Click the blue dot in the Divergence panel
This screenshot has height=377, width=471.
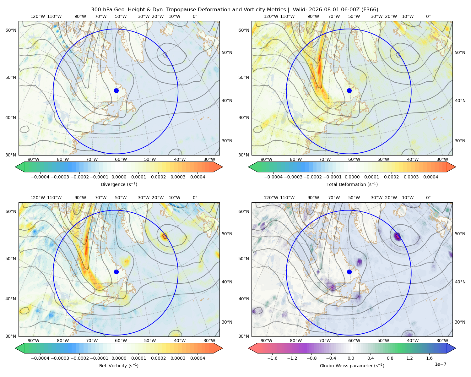coord(116,90)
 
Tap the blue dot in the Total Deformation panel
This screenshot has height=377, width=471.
coord(349,90)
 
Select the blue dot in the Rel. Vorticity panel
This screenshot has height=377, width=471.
coord(116,272)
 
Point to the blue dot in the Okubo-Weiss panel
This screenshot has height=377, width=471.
coord(349,272)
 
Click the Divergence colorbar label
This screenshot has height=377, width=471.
coord(119,184)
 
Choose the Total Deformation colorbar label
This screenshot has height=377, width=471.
coord(352,184)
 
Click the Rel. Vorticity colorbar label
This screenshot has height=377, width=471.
coord(119,365)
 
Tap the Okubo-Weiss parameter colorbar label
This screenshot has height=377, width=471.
coord(352,365)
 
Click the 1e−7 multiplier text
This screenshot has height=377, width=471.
coord(440,364)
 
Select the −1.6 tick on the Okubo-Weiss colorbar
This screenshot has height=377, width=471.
coord(273,358)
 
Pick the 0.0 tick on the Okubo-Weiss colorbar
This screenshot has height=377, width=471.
coord(351,358)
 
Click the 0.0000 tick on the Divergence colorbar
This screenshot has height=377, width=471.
coord(119,177)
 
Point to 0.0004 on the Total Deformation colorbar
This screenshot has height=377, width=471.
coord(431,177)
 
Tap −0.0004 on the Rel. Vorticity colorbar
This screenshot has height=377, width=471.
coord(40,358)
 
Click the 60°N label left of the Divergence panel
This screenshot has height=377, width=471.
coord(11,30)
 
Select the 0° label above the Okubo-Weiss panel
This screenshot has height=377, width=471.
coord(428,198)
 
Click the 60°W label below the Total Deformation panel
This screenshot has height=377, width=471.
coord(354,159)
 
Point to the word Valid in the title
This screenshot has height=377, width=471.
coord(299,10)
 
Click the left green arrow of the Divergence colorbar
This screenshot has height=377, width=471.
coord(20,167)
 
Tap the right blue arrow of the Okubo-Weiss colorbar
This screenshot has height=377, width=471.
coord(451,348)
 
